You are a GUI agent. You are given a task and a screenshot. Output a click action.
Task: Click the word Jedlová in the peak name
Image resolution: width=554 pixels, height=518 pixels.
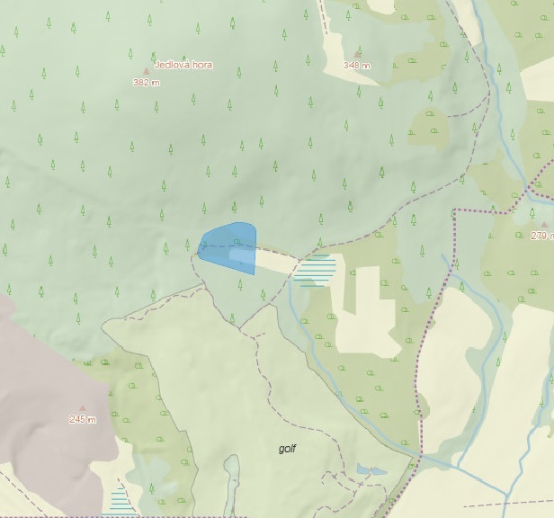(x=170, y=65)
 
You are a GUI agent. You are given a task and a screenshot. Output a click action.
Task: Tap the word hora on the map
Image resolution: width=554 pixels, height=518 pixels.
(x=201, y=65)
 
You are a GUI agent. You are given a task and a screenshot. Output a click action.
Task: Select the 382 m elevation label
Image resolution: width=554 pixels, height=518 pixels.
(x=146, y=82)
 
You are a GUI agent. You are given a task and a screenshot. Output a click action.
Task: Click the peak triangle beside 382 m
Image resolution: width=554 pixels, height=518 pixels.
(x=146, y=70)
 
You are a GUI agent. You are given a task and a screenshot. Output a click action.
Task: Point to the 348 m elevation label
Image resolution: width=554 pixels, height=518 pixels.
(x=357, y=66)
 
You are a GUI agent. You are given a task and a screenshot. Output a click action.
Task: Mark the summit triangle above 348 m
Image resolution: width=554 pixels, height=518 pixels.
(x=357, y=54)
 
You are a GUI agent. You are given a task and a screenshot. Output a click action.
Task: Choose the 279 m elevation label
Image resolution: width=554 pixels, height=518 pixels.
(x=543, y=236)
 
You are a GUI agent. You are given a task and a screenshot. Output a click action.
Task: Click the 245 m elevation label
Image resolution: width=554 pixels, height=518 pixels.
(x=82, y=419)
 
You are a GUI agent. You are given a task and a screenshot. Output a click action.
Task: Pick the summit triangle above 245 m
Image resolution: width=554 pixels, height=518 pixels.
(x=83, y=407)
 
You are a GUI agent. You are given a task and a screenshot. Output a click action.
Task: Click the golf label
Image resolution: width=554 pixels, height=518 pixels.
(x=287, y=448)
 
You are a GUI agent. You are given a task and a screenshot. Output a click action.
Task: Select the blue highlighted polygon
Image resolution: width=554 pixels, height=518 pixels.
(x=227, y=243)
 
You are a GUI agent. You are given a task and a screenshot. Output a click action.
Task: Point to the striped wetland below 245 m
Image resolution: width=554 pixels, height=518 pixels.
(x=119, y=499)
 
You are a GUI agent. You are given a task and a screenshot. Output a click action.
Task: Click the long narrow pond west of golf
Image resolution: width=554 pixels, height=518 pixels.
(x=232, y=481)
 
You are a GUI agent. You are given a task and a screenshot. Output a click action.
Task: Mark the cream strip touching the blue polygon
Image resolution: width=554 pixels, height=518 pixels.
(x=274, y=262)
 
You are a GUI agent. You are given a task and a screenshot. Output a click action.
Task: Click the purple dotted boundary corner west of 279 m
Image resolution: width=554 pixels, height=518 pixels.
(x=455, y=211)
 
